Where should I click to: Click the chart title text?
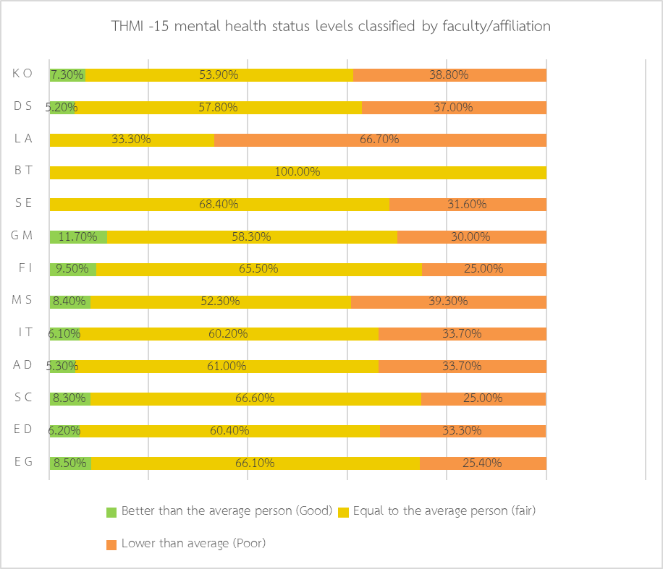tap(331, 27)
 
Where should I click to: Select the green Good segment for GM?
tap(78, 237)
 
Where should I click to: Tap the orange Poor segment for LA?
tap(380, 140)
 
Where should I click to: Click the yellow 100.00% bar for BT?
tap(297, 172)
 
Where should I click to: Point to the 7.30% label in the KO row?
tap(67, 74)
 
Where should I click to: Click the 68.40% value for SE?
tap(219, 205)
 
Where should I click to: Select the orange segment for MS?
tap(448, 301)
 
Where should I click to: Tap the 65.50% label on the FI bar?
tap(258, 269)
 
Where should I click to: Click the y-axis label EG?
tap(23, 462)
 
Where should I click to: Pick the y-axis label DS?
tap(23, 106)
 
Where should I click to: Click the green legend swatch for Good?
tap(111, 512)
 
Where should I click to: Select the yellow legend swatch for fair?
tap(343, 512)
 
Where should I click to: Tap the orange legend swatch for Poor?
tap(111, 544)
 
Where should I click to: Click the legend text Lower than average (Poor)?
tap(193, 543)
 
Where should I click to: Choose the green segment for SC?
tap(69, 398)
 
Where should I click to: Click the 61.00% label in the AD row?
tap(227, 366)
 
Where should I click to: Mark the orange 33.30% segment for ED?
tap(463, 431)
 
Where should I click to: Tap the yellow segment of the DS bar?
tap(219, 107)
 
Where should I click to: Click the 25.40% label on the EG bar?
tap(483, 463)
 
